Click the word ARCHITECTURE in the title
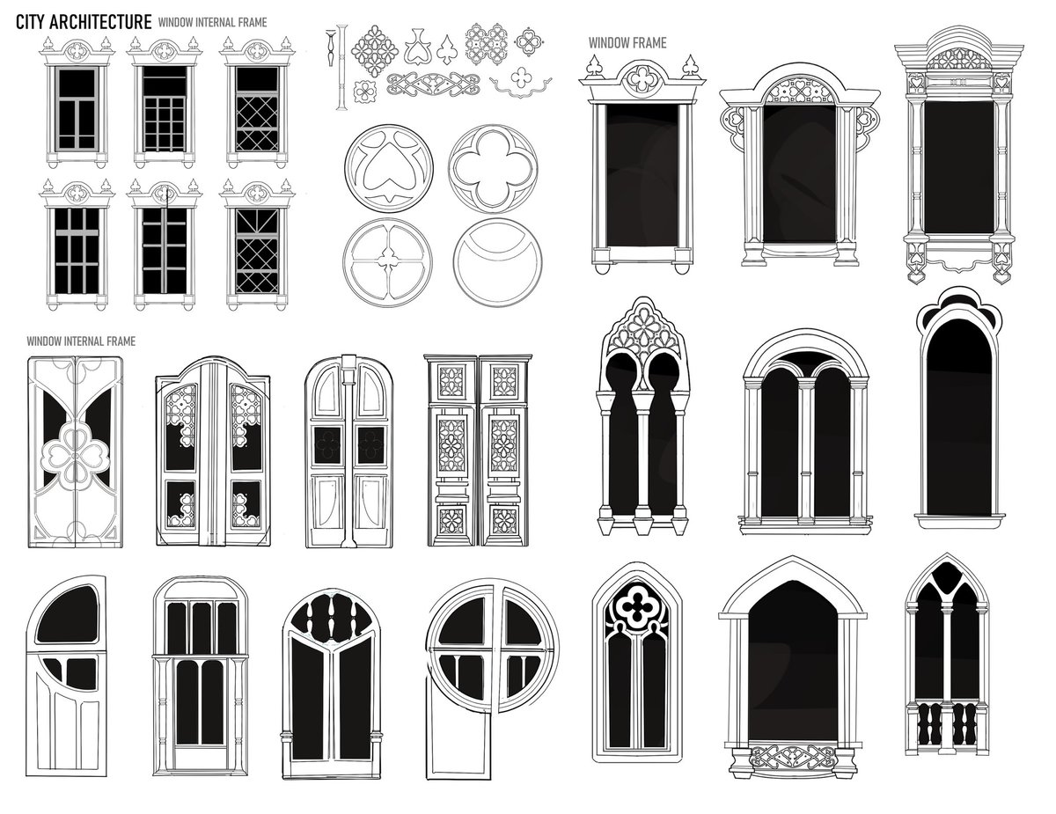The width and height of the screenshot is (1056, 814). click(x=103, y=22)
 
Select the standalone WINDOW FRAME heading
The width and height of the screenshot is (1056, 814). click(x=627, y=43)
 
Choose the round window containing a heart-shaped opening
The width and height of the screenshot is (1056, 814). click(x=389, y=168)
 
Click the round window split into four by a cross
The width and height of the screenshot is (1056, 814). click(x=388, y=262)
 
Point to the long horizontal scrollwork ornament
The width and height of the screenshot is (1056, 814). click(x=433, y=84)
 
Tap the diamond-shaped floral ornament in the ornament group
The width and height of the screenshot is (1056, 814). click(x=374, y=50)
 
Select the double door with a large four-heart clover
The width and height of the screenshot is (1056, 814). click(x=76, y=452)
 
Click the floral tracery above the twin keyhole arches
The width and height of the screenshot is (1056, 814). click(x=642, y=332)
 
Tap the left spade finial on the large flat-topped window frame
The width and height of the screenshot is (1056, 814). click(x=594, y=66)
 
